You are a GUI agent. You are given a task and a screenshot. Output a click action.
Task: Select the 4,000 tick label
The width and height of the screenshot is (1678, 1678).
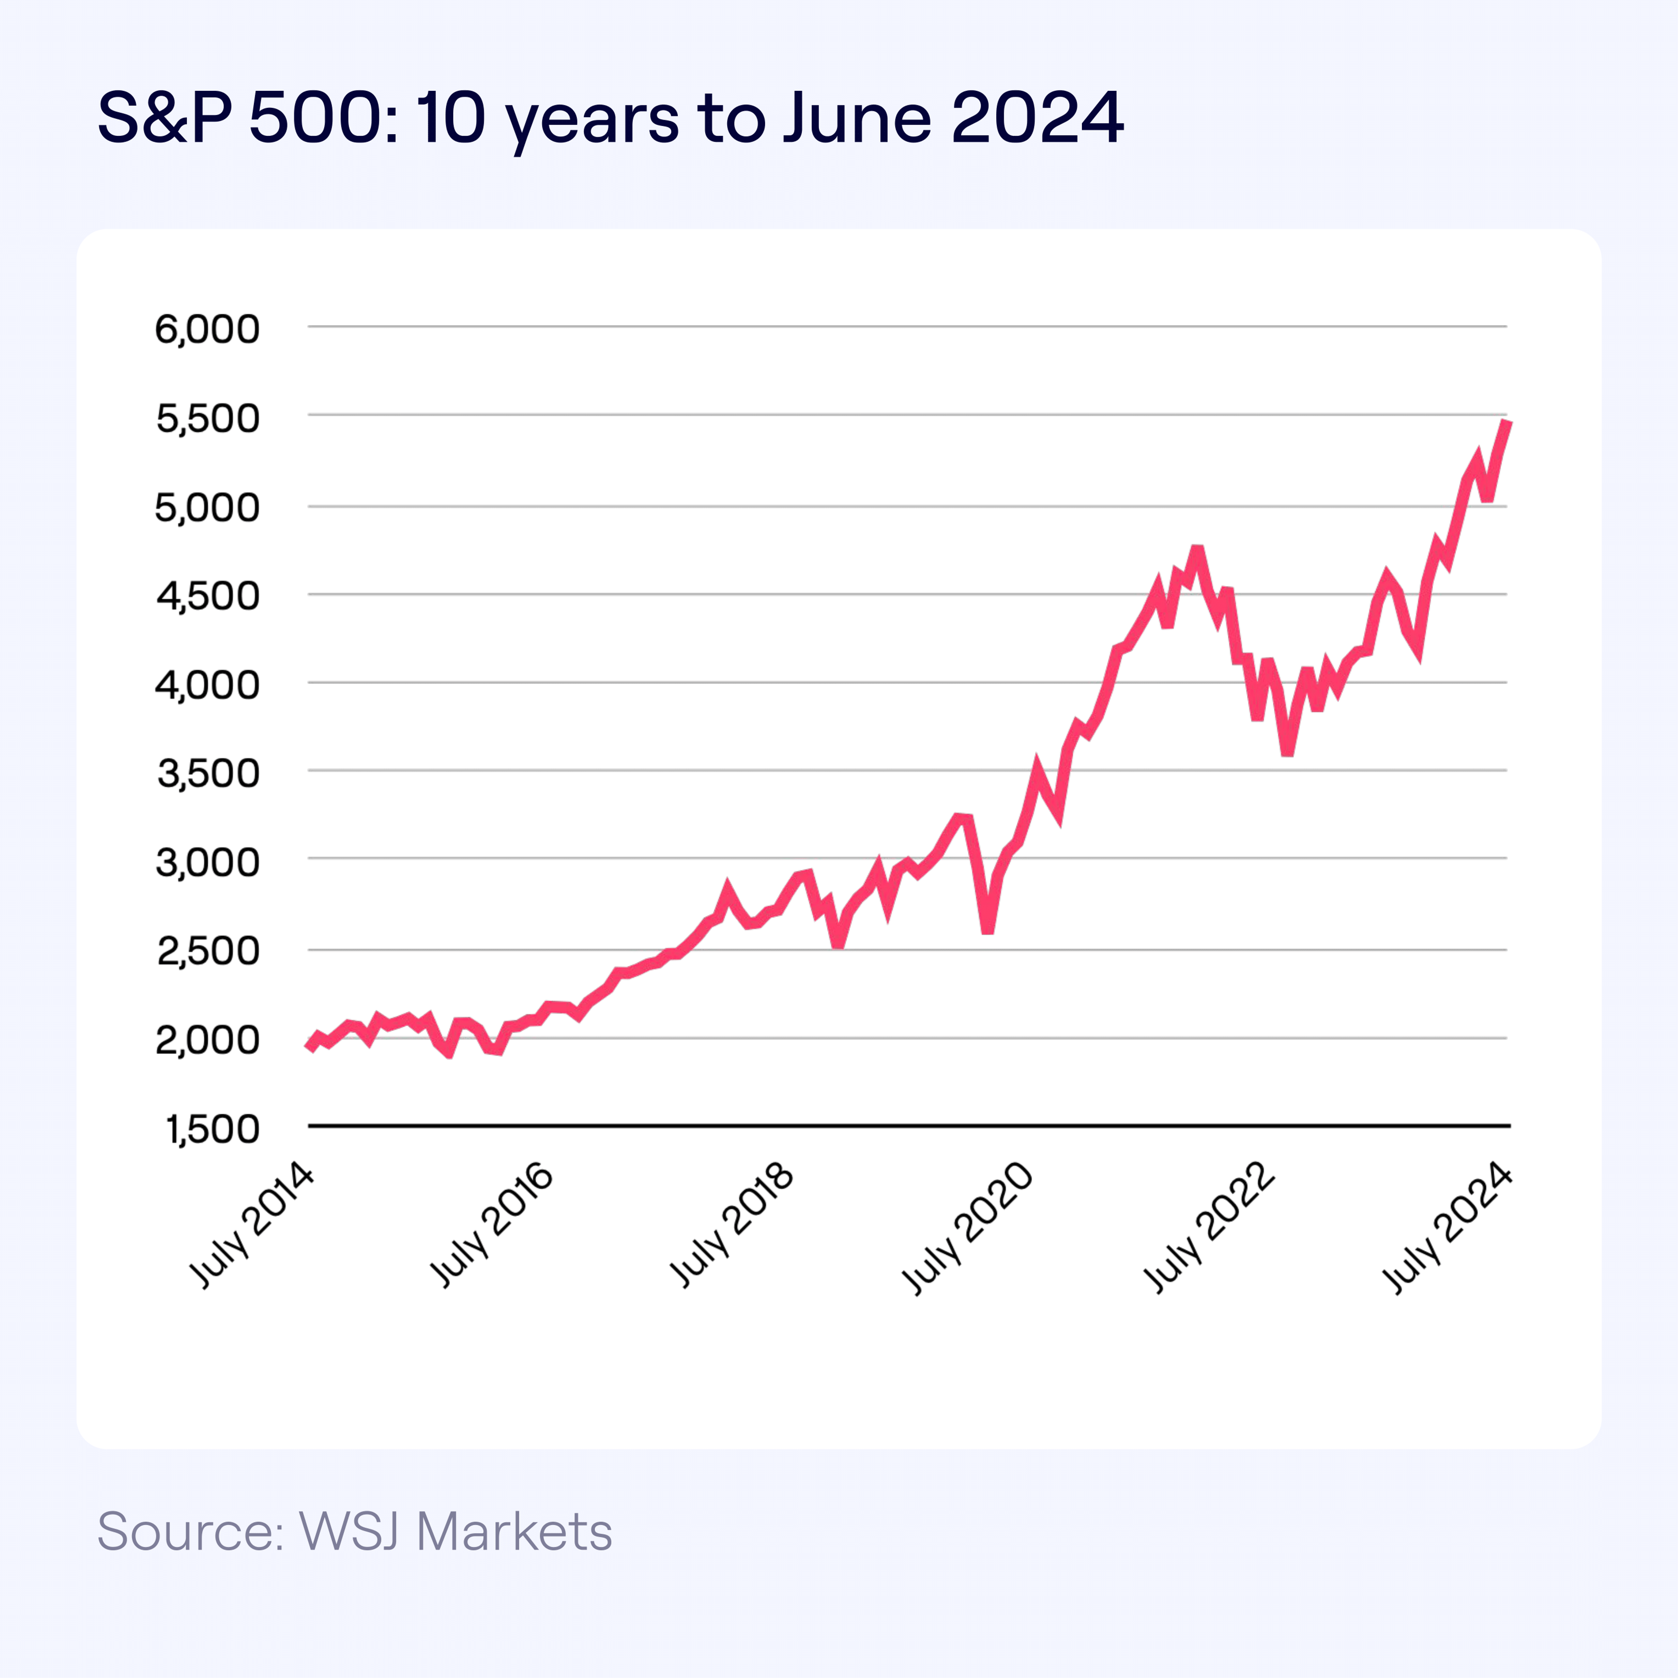pos(207,685)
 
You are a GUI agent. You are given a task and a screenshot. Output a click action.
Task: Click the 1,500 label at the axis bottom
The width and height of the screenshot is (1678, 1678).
pos(212,1129)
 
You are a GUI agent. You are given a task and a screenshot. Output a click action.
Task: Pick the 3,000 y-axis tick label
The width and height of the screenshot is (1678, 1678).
pos(207,863)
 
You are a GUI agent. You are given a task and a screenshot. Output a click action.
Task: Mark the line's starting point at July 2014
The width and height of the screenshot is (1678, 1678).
pos(310,1047)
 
